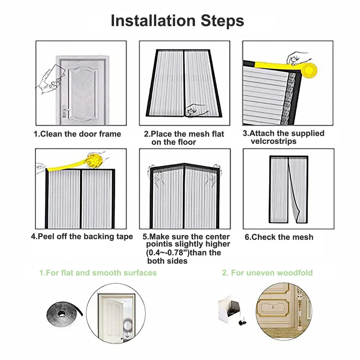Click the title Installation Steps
point(177,21)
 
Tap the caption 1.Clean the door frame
point(77,134)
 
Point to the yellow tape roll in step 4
point(94,160)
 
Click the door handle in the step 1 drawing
point(65,112)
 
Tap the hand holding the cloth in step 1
point(49,79)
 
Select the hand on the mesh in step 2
point(195,111)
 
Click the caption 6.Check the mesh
point(279,237)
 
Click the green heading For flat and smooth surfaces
point(98,273)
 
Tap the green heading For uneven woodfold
point(267,273)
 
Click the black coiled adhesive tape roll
point(64,313)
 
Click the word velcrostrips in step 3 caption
point(274,141)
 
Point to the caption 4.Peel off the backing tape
point(82,237)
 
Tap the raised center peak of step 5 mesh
point(184,165)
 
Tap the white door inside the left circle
point(112,315)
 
